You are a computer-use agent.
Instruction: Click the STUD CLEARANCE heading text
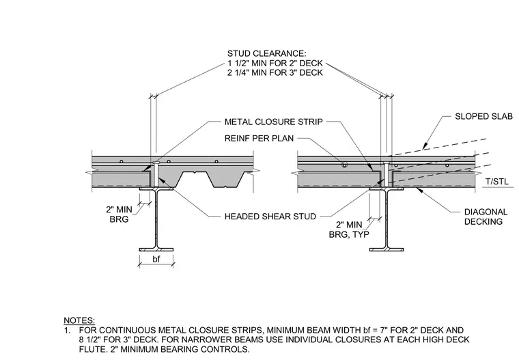pyautogui.click(x=267, y=54)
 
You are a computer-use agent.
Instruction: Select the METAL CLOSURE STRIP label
pyautogui.click(x=273, y=122)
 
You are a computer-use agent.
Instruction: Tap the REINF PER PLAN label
pyautogui.click(x=259, y=138)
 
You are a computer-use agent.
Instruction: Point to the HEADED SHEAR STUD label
pyautogui.click(x=270, y=217)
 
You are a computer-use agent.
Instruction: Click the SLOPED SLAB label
pyautogui.click(x=483, y=116)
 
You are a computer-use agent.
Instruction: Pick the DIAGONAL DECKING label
pyautogui.click(x=486, y=217)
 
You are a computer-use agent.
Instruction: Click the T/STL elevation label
pyautogui.click(x=497, y=182)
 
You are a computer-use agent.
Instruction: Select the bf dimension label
pyautogui.click(x=156, y=259)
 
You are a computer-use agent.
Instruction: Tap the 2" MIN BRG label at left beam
pyautogui.click(x=119, y=214)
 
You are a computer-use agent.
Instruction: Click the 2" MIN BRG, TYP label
pyautogui.click(x=349, y=229)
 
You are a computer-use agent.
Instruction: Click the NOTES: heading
pyautogui.click(x=79, y=320)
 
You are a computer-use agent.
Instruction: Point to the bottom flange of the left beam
pyautogui.click(x=156, y=249)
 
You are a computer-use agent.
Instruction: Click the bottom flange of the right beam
pyautogui.click(x=387, y=249)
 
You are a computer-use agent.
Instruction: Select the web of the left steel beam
pyautogui.click(x=156, y=219)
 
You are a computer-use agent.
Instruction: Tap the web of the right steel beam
pyautogui.click(x=387, y=219)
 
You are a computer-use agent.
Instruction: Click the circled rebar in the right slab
pyautogui.click(x=345, y=165)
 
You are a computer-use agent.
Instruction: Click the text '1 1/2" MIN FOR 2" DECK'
pyautogui.click(x=275, y=64)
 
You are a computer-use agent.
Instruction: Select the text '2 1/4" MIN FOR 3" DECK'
pyautogui.click(x=275, y=72)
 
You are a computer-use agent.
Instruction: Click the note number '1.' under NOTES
pyautogui.click(x=67, y=330)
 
